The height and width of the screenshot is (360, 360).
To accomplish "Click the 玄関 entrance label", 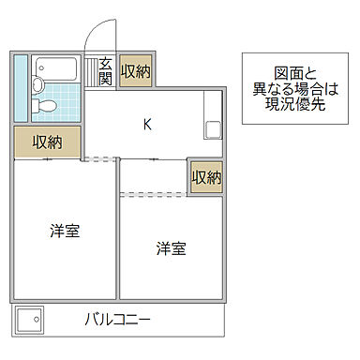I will click(x=106, y=70).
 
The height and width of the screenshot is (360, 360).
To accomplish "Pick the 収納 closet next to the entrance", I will click(x=136, y=72).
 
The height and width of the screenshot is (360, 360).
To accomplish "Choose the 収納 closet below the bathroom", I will click(x=48, y=142).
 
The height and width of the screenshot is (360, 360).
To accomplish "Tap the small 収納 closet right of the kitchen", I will click(x=206, y=177).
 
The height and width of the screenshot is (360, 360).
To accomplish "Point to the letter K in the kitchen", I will click(x=147, y=122).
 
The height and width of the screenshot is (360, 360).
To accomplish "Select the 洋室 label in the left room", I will click(x=65, y=231).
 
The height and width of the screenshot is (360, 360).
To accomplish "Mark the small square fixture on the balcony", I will click(x=28, y=318).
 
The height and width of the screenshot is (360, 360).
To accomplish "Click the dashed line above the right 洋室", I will click(x=154, y=194).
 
